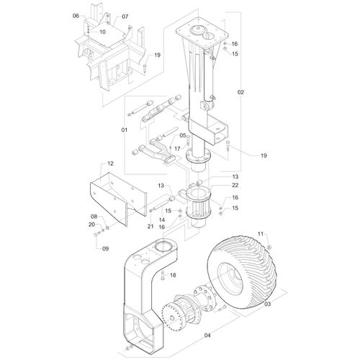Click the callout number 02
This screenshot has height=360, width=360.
click(240, 92)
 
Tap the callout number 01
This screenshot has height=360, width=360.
click(124, 130)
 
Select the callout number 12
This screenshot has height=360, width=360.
click(110, 163)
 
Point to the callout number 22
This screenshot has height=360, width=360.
click(235, 185)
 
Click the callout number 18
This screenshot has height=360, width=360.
click(173, 275)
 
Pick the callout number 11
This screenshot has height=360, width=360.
click(261, 233)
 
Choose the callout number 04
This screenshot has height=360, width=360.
click(207, 335)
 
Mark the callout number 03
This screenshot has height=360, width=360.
click(267, 304)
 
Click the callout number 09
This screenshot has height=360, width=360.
click(106, 248)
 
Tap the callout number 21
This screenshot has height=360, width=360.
click(150, 226)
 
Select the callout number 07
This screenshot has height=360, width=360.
click(125, 17)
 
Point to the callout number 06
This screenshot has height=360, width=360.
click(76, 16)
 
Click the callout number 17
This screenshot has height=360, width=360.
click(177, 149)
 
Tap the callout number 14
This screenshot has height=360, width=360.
click(162, 220)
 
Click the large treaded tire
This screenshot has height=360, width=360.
click(242, 272)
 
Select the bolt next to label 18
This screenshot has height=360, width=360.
click(162, 275)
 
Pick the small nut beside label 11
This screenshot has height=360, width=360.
click(269, 247)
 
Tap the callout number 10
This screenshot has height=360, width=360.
click(102, 32)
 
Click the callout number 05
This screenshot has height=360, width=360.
click(183, 135)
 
